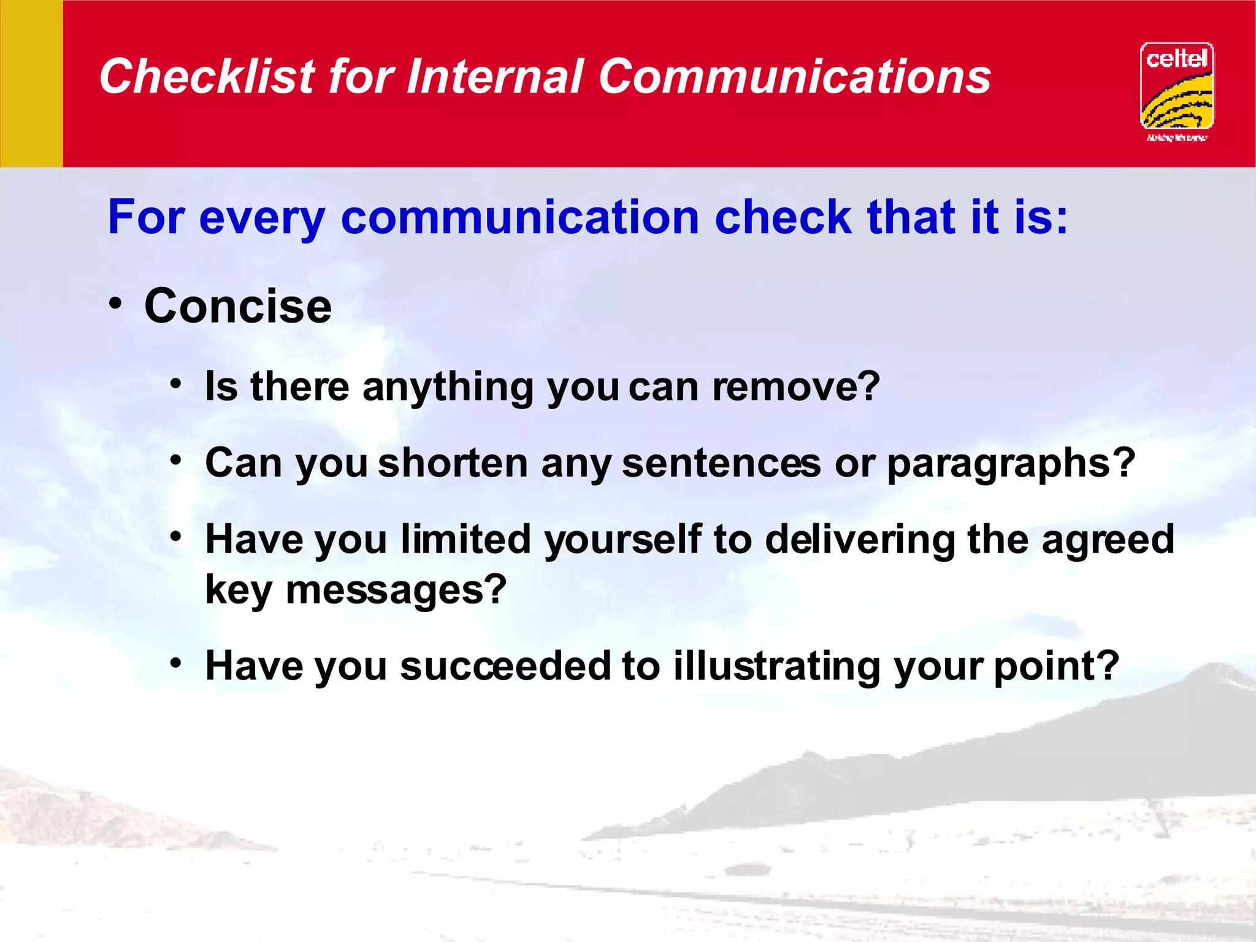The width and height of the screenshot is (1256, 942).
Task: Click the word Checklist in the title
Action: pos(207,77)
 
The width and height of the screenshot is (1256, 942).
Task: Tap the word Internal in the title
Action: pos(494,77)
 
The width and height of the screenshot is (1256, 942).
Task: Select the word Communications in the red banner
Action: pos(794,77)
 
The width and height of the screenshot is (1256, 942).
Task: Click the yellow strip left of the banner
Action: pos(31,83)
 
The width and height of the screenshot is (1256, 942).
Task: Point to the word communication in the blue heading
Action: pos(519,218)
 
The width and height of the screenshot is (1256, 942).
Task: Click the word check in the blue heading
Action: pos(783,218)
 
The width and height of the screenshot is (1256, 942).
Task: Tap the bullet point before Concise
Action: pos(116,304)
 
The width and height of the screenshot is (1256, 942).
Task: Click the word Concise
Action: pos(238,306)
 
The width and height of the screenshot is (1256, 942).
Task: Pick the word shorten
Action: pos(453,463)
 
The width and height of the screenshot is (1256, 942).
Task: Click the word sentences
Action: pos(721,463)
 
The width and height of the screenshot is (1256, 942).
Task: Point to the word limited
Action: pos(465,540)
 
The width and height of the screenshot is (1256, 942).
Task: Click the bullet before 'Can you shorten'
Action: pos(176,460)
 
